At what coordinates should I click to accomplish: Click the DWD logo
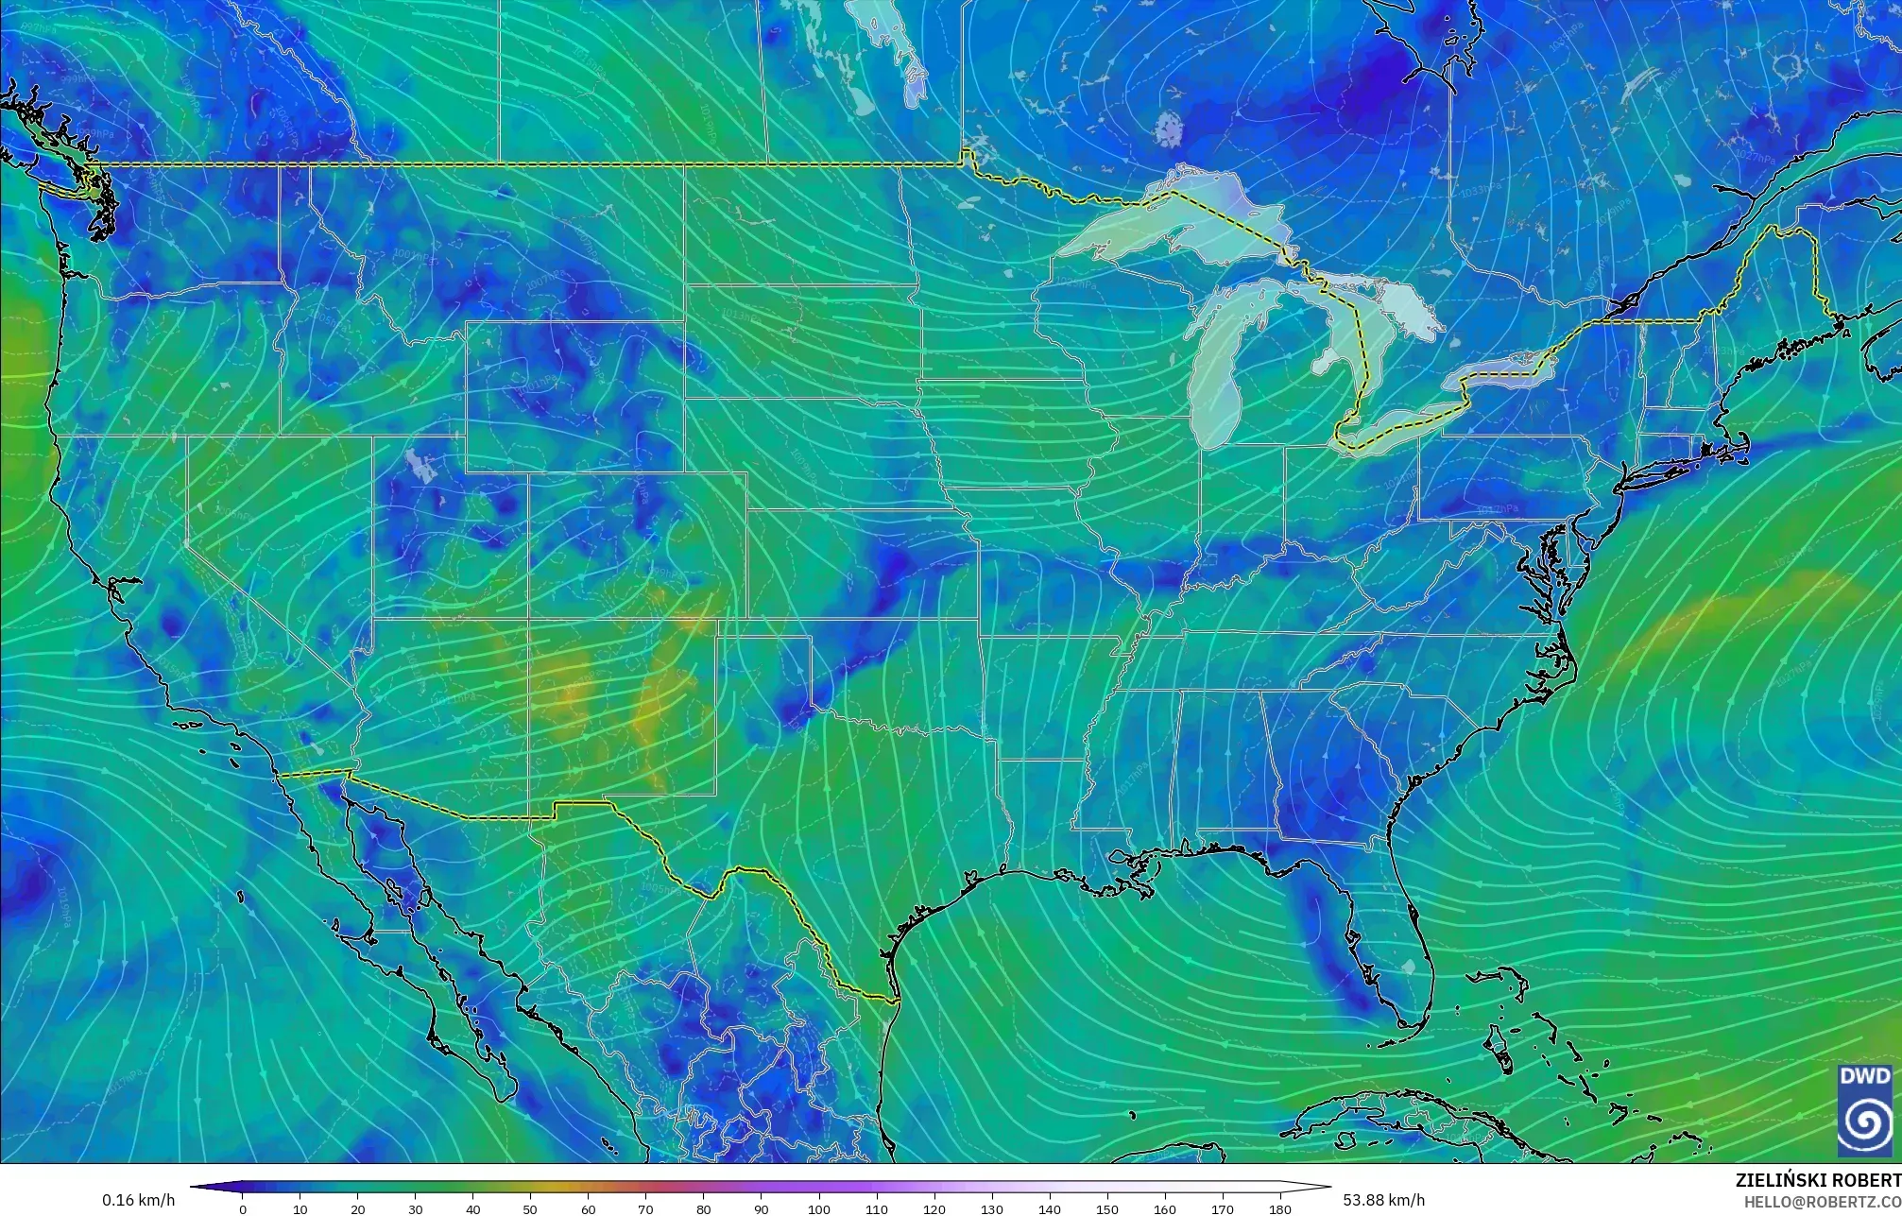pyautogui.click(x=1864, y=1110)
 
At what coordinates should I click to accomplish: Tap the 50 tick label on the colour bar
pyautogui.click(x=530, y=1208)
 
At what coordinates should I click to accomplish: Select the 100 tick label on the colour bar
pyautogui.click(x=818, y=1208)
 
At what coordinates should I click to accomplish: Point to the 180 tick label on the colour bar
pyautogui.click(x=1279, y=1208)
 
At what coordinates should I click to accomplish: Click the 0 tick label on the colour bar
pyautogui.click(x=243, y=1208)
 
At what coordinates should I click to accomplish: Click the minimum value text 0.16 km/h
pyautogui.click(x=138, y=1200)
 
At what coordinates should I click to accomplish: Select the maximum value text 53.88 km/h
pyautogui.click(x=1383, y=1200)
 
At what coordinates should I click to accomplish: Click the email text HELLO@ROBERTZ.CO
pyautogui.click(x=1822, y=1201)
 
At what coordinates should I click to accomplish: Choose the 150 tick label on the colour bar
pyautogui.click(x=1106, y=1208)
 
